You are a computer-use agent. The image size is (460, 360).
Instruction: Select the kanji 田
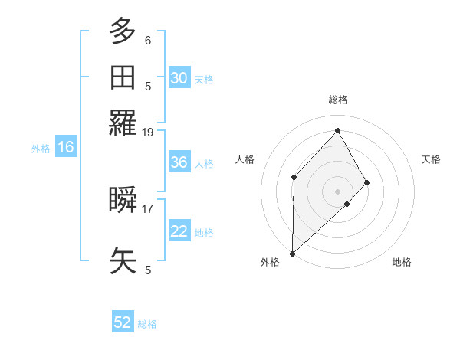(x=123, y=77)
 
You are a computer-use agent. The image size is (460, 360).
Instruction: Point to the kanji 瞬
(x=123, y=200)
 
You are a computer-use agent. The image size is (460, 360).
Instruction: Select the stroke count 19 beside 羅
(x=148, y=133)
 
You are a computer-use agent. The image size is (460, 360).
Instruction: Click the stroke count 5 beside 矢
(x=148, y=270)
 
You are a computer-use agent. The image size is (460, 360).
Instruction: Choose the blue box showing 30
(x=179, y=78)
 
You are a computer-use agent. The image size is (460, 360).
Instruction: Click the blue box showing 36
(x=179, y=163)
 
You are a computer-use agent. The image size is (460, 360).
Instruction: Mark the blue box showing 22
(x=179, y=232)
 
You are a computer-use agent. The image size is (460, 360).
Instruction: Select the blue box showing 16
(x=65, y=148)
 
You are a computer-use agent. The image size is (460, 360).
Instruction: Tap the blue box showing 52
(x=122, y=323)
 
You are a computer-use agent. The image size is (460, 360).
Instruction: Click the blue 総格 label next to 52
(x=147, y=324)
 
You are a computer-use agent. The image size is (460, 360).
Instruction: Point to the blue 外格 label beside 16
(x=41, y=149)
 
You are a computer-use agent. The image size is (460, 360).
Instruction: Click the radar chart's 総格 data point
(x=337, y=130)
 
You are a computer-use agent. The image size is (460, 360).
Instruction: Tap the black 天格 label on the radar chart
(x=431, y=159)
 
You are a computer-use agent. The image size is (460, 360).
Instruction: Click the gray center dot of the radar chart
(x=337, y=191)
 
